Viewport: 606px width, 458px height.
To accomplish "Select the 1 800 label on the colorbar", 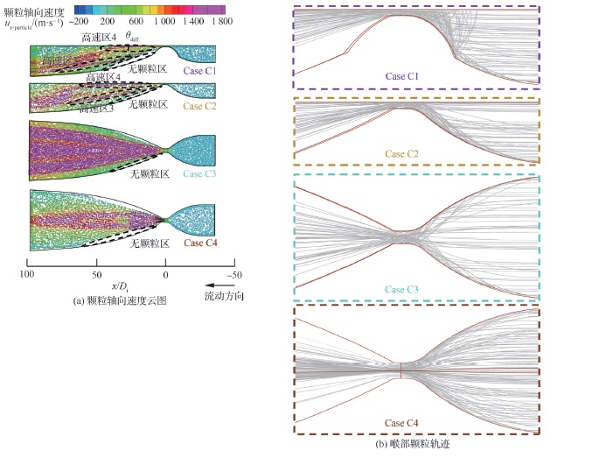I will pyautogui.click(x=218, y=18).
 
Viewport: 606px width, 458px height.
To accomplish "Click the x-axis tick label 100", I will pyautogui.click(x=27, y=274).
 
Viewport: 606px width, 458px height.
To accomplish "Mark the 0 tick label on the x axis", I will pyautogui.click(x=165, y=274).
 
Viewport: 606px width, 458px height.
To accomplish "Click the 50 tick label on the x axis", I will pyautogui.click(x=96, y=274).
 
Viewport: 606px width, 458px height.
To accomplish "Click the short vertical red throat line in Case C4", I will pyautogui.click(x=401, y=371).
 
